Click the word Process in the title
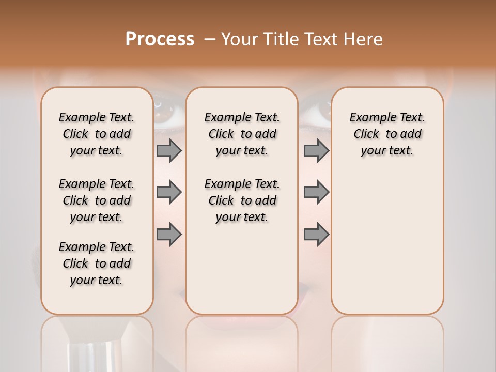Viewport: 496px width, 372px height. pos(160,39)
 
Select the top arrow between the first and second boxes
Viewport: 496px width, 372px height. pos(169,150)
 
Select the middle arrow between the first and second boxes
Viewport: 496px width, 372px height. pos(169,192)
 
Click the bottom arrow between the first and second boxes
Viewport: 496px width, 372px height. pos(169,235)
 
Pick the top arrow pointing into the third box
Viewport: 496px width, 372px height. pos(316,150)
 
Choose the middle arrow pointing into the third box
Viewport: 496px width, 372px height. pos(316,192)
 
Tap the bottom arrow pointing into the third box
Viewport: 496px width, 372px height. pos(316,235)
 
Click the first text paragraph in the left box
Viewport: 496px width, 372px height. pos(97,134)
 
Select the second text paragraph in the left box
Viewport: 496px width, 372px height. pos(97,200)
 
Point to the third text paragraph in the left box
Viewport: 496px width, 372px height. pos(97,263)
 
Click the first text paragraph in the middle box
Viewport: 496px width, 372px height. pos(242,134)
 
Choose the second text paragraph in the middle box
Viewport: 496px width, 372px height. pos(242,200)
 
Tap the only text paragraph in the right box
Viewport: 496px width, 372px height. pos(387,134)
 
